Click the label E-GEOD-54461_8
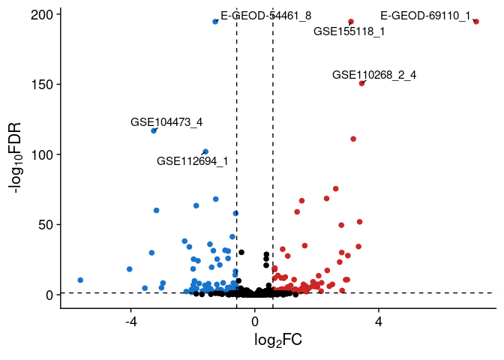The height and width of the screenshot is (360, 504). tap(265, 16)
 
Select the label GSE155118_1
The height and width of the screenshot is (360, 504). tap(349, 31)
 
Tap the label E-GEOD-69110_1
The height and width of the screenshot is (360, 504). tap(425, 16)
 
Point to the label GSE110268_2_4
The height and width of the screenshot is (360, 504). tap(374, 75)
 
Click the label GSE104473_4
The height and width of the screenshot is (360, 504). tap(166, 122)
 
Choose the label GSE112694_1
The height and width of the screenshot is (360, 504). tap(193, 161)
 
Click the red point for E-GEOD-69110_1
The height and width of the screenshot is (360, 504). tap(476, 22)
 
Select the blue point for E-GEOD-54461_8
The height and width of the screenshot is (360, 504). tap(215, 22)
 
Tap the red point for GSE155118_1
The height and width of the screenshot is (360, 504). tap(351, 22)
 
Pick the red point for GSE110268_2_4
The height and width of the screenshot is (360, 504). tap(361, 83)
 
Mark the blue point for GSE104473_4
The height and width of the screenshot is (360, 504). tap(154, 130)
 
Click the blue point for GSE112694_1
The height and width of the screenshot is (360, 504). tap(205, 151)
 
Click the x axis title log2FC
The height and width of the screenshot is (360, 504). tap(277, 341)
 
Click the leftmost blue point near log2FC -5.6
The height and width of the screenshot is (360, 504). tap(80, 280)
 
